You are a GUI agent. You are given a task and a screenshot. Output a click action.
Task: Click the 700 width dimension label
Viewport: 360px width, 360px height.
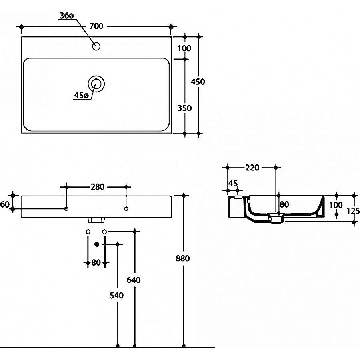pos(96,26)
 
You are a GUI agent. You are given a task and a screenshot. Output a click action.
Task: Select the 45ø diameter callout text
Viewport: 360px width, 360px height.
pos(81,95)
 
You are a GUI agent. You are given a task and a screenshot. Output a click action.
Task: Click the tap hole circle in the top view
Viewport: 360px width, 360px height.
pos(96,46)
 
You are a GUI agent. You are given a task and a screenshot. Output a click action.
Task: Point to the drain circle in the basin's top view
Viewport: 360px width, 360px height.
pos(96,83)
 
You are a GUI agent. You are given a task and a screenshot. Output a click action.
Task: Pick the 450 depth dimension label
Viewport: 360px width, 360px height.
pos(198,82)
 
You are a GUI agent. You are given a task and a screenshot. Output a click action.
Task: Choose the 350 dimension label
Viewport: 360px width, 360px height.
pos(185,108)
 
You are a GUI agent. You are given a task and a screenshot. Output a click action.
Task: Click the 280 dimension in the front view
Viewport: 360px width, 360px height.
pos(97,186)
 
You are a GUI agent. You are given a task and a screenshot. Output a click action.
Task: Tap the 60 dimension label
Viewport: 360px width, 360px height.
pos(5,204)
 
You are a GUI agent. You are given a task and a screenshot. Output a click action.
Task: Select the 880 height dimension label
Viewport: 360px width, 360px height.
pos(182,258)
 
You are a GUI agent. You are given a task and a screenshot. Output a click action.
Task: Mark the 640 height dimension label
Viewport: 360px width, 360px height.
pos(134,280)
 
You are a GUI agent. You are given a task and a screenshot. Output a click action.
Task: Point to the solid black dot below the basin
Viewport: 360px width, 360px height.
pos(96,244)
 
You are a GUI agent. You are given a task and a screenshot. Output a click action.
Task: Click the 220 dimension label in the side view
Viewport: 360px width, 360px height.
pos(252,167)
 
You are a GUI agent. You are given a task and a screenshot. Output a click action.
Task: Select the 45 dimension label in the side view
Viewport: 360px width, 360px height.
pos(232,183)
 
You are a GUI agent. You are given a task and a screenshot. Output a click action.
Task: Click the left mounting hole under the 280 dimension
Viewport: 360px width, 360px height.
pos(67,209)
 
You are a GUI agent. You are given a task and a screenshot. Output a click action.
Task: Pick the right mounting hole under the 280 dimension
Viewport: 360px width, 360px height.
pos(126,209)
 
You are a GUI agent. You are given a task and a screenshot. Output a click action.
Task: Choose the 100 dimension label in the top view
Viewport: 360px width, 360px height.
pos(185,48)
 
